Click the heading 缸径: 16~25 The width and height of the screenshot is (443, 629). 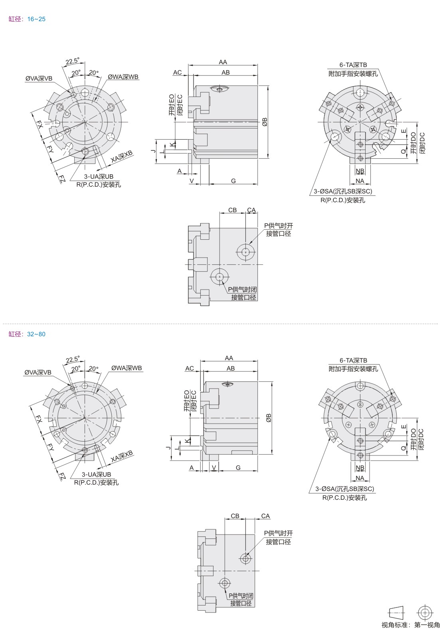point(27,19)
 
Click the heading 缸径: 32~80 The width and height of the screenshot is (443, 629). point(27,334)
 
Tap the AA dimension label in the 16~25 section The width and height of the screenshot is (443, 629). point(223,62)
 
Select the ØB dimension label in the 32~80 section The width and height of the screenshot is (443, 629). point(269,418)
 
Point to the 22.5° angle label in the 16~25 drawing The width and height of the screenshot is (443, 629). point(73,61)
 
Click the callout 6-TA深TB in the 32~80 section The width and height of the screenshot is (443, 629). point(353,360)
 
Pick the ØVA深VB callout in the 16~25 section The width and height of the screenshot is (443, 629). point(39,78)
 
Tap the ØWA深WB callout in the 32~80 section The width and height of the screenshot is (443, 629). point(127,368)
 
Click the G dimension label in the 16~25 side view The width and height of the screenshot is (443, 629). point(233,181)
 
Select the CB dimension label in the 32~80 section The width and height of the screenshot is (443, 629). point(235,516)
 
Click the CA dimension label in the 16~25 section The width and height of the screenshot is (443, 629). point(251,210)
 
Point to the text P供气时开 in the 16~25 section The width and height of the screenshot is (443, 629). point(279,225)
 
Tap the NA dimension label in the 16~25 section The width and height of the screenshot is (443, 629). point(360,181)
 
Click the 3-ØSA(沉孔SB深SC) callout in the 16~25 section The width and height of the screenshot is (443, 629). point(343,191)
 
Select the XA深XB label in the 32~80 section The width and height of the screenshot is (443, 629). point(122,457)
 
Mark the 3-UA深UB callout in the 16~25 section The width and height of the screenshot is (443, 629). point(99,177)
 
